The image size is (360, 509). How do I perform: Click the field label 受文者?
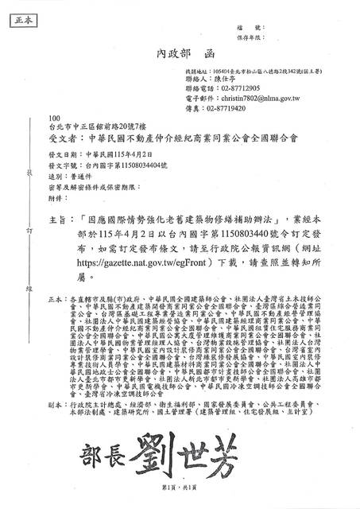(x=62, y=137)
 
